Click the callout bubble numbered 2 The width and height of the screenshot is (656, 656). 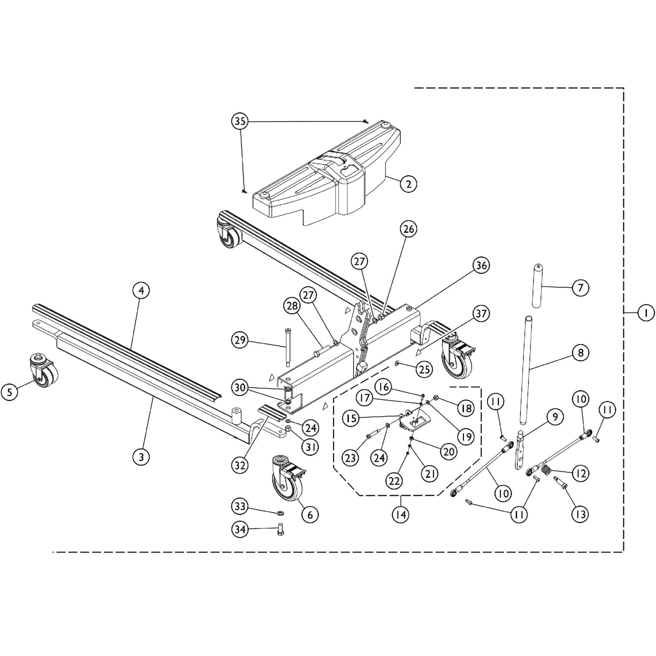point(409,184)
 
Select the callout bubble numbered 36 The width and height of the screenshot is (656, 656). point(481,265)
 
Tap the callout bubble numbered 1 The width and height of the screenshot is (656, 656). point(646,313)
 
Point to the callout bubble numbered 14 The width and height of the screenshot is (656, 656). point(401,515)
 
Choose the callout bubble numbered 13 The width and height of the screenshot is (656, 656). point(580,514)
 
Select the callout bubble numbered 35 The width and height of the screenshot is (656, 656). point(240,121)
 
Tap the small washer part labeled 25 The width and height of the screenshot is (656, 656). point(397,363)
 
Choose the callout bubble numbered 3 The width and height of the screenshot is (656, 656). point(141,457)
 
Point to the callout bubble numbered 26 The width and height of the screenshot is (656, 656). point(409,229)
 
